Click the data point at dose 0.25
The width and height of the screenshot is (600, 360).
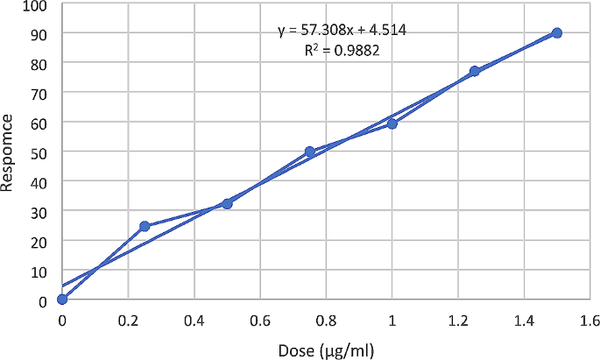[145, 226]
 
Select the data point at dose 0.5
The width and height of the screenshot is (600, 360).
[227, 203]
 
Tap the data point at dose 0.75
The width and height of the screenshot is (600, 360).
[310, 152]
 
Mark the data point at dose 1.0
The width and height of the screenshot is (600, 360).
[392, 124]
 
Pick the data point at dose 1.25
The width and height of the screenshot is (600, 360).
[475, 71]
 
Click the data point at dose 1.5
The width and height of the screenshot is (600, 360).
[557, 32]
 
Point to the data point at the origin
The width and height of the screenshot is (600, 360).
[62, 299]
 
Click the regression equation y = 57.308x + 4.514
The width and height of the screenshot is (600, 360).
[341, 32]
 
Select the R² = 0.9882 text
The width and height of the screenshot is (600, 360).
[341, 51]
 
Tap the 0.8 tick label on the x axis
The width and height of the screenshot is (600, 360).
[327, 321]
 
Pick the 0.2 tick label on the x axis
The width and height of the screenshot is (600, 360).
[128, 321]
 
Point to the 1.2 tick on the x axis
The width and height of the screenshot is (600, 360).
[458, 321]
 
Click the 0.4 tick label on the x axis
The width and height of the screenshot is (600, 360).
[194, 321]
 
